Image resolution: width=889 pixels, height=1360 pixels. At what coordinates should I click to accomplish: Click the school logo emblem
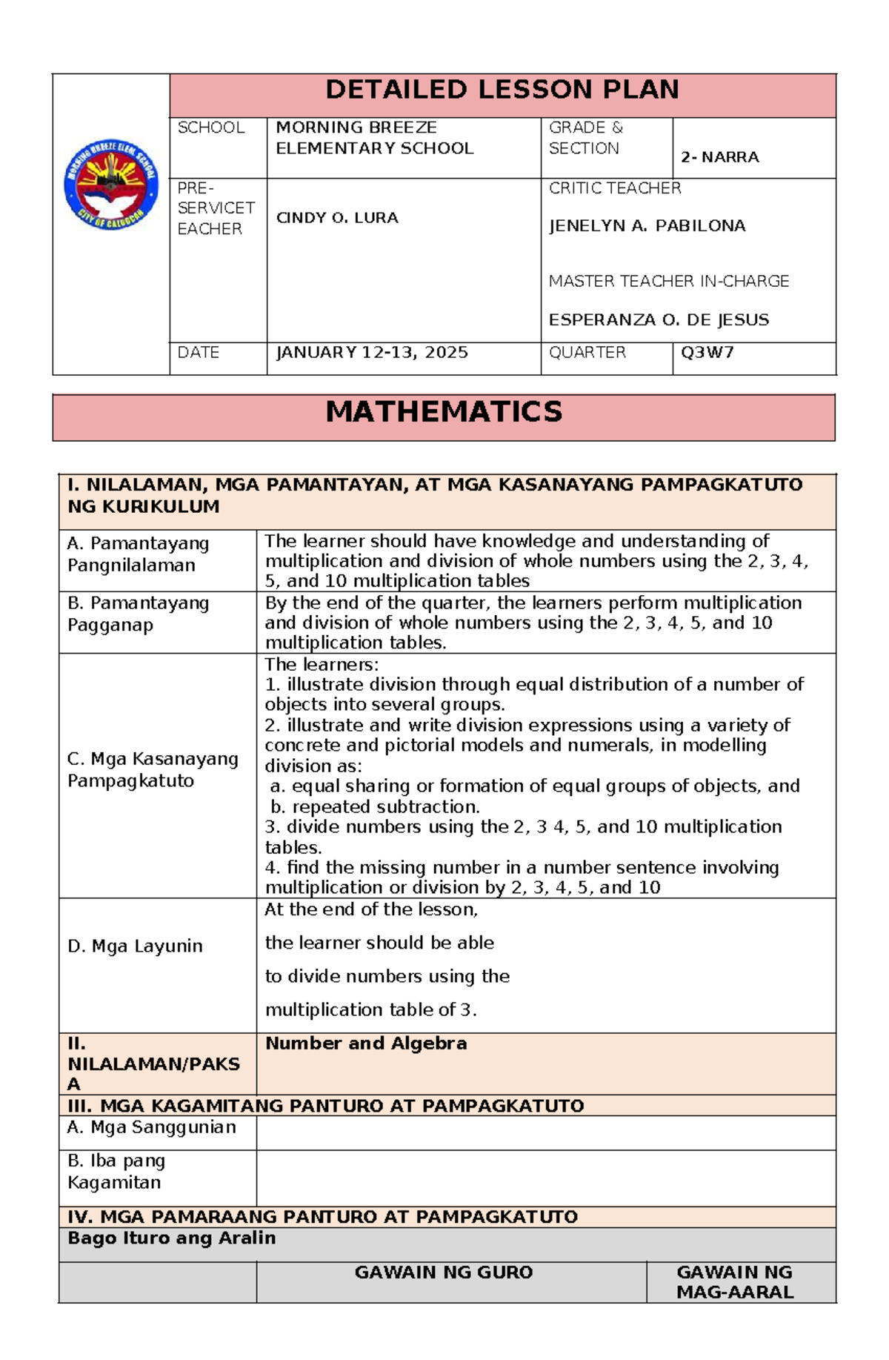pos(111,185)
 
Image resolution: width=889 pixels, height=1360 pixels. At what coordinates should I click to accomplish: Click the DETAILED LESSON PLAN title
pos(502,90)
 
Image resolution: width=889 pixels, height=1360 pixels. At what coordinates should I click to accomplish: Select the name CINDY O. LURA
pos(337,218)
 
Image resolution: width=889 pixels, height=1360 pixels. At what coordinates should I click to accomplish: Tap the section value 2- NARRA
pos(719,157)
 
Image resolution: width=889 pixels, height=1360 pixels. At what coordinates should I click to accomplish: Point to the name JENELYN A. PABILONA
pos(647,226)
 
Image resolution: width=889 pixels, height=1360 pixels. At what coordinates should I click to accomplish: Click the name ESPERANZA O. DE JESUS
pos(659,320)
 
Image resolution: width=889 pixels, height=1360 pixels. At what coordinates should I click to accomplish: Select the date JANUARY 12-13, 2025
pos(371,353)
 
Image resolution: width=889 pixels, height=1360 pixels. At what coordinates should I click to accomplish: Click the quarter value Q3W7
pos(707,353)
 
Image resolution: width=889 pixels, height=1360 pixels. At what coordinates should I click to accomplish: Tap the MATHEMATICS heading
pos(444,412)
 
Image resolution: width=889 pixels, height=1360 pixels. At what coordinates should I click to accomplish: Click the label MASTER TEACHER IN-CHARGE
pos(668,282)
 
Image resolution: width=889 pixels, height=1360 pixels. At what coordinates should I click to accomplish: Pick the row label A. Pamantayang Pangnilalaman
pos(138,554)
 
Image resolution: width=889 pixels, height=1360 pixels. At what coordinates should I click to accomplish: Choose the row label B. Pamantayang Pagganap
pos(138,614)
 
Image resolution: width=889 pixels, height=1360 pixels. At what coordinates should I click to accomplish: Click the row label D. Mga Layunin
pos(135,946)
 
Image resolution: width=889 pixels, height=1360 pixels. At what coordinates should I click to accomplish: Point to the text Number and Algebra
pos(366,1044)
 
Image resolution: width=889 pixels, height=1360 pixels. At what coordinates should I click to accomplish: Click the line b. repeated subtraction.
pos(376,806)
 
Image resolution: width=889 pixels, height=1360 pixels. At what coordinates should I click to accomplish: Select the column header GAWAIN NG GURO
pos(443,1273)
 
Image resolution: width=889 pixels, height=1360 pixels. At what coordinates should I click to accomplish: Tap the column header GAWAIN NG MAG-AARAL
pos(734,1282)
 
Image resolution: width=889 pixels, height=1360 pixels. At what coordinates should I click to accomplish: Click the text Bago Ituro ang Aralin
pos(171,1238)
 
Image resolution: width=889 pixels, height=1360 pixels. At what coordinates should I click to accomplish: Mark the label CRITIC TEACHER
pos(614,188)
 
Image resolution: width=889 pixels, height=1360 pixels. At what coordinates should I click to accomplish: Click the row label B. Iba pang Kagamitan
pos(116,1172)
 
